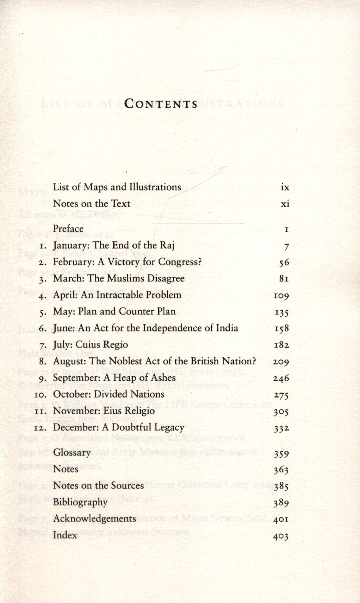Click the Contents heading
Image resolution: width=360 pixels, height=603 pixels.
161,104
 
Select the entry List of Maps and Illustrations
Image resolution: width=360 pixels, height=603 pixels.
117,187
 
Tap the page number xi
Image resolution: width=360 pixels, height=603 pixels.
285,204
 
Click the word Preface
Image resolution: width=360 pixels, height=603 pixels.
68,228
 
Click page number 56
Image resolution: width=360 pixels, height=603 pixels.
284,263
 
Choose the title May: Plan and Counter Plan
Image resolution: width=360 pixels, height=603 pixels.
114,311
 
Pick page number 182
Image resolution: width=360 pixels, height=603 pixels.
281,345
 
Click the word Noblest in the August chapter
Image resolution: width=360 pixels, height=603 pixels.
123,361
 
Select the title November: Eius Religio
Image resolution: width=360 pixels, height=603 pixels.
104,411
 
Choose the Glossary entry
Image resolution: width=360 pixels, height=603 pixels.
72,452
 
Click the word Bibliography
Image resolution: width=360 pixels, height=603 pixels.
80,502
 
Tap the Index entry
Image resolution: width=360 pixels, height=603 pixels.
65,535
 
